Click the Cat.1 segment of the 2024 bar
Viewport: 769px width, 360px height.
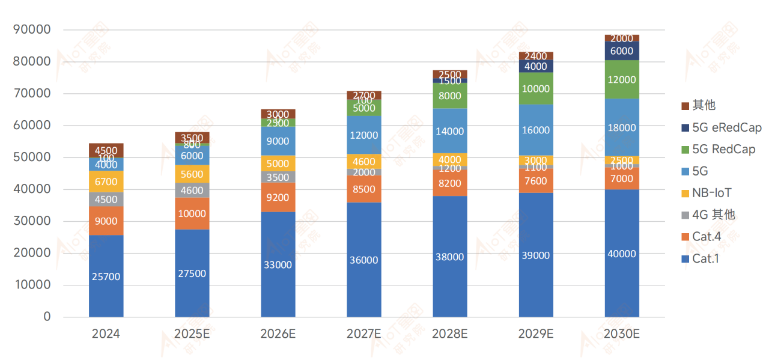pos(106,276)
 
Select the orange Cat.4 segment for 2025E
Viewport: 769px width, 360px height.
pos(192,213)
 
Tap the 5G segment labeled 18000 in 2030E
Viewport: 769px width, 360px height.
pos(621,127)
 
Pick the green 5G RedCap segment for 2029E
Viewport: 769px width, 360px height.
pos(535,88)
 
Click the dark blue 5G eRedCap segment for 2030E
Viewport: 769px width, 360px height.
pos(621,51)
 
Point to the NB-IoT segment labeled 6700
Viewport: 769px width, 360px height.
pos(106,182)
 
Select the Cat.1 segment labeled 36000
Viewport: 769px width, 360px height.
pos(363,260)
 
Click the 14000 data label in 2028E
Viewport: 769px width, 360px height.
pos(449,131)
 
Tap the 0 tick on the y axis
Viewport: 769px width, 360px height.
pos(47,317)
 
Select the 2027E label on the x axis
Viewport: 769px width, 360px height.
pos(363,334)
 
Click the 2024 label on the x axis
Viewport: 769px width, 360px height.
pos(106,334)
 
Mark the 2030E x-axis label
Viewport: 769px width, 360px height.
pos(621,334)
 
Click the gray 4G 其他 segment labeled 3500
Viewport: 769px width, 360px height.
pos(278,177)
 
